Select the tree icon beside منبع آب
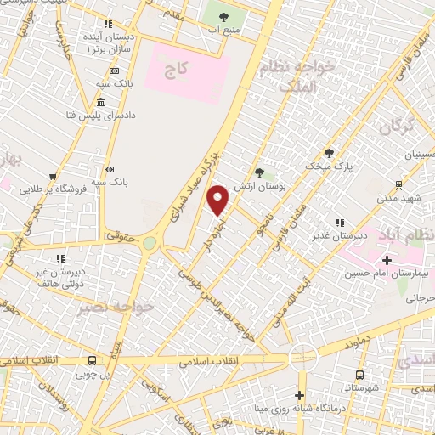(x=223, y=17)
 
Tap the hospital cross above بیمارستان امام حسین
(x=387, y=260)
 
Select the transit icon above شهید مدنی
(x=398, y=184)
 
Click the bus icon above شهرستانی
(x=360, y=374)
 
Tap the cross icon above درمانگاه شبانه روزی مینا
(x=299, y=395)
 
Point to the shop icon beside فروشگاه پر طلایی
(x=54, y=177)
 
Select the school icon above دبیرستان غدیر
(x=339, y=223)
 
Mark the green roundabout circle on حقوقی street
(x=150, y=243)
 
